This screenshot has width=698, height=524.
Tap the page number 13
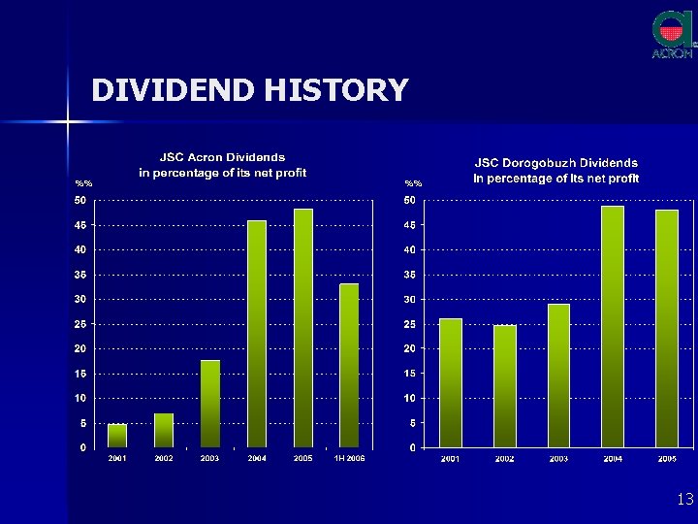click(x=685, y=499)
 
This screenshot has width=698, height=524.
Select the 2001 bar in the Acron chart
click(x=116, y=436)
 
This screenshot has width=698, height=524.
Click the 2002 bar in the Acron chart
click(x=163, y=431)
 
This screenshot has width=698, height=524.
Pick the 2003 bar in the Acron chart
click(x=209, y=404)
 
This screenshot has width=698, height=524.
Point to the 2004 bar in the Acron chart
click(x=257, y=334)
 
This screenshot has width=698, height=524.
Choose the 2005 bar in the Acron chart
click(x=302, y=328)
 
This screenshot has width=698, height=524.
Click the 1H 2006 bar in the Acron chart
click(x=349, y=365)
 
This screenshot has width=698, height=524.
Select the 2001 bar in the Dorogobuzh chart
click(x=451, y=382)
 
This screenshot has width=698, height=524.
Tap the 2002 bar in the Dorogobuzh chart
click(x=504, y=386)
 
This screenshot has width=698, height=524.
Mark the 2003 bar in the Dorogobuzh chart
click(x=558, y=376)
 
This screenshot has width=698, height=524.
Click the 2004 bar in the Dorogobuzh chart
click(x=613, y=326)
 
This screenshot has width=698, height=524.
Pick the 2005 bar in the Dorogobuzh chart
click(x=667, y=328)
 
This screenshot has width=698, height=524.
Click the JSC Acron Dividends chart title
click(x=222, y=165)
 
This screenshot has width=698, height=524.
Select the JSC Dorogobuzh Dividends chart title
click(x=555, y=171)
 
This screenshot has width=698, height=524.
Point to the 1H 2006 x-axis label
click(x=349, y=458)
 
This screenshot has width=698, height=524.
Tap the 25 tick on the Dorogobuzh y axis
click(x=411, y=324)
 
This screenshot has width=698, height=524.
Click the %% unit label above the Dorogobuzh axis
click(x=414, y=183)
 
